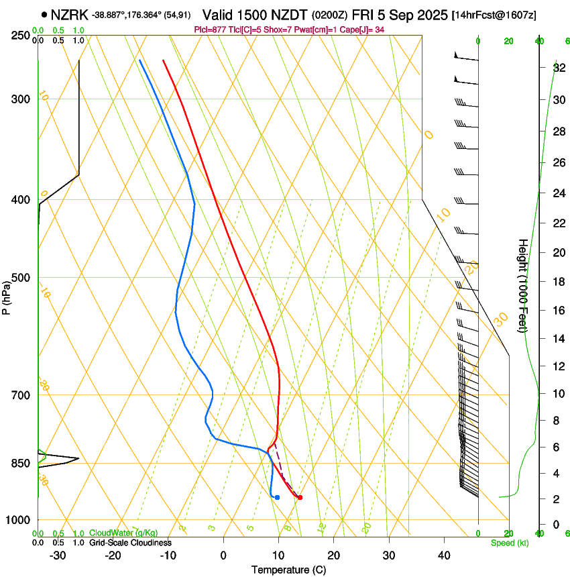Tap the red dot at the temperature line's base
pyautogui.click(x=300, y=497)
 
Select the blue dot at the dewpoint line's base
pyautogui.click(x=277, y=497)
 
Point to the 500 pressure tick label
pyautogui.click(x=19, y=278)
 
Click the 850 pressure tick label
pyautogui.click(x=19, y=464)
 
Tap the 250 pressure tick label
pyautogui.click(x=19, y=35)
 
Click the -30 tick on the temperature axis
pyautogui.click(x=58, y=555)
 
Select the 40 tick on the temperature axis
pyautogui.click(x=443, y=555)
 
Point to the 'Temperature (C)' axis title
pyautogui.click(x=288, y=570)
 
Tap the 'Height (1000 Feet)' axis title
pyautogui.click(x=523, y=285)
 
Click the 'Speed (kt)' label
pyautogui.click(x=510, y=543)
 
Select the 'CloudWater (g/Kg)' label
pyautogui.click(x=114, y=533)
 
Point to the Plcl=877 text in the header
pyautogui.click(x=209, y=30)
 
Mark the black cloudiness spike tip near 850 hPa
pyautogui.click(x=78, y=458)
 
